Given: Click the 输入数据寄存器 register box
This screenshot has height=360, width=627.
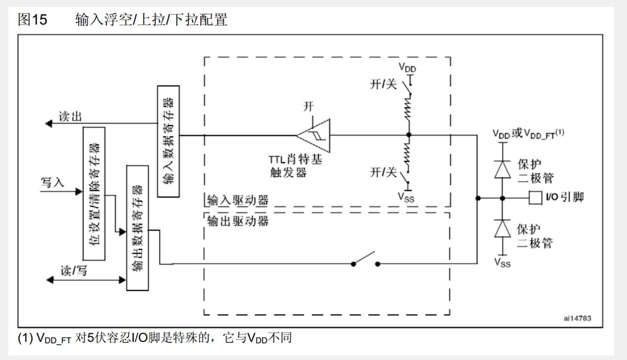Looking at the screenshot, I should click(168, 141).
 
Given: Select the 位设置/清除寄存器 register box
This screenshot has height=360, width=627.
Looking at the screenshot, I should click(94, 193).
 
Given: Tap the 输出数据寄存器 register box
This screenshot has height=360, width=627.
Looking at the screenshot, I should click(137, 228).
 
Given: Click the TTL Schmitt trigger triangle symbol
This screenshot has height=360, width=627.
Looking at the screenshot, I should click(315, 135).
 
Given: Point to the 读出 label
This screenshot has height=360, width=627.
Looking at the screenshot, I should click(70, 116).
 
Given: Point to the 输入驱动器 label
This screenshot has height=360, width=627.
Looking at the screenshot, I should click(238, 200).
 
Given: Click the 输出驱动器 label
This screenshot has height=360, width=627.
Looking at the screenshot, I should click(238, 221).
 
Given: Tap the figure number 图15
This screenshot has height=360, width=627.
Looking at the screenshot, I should click(32, 20).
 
